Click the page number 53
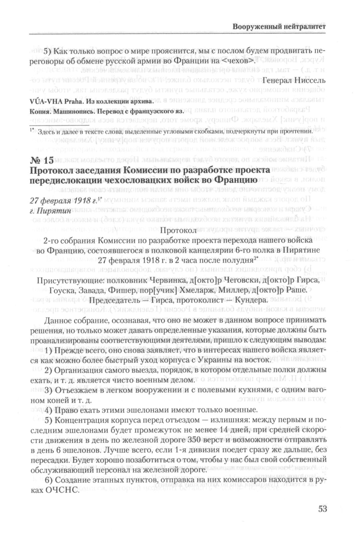coord(323,509)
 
